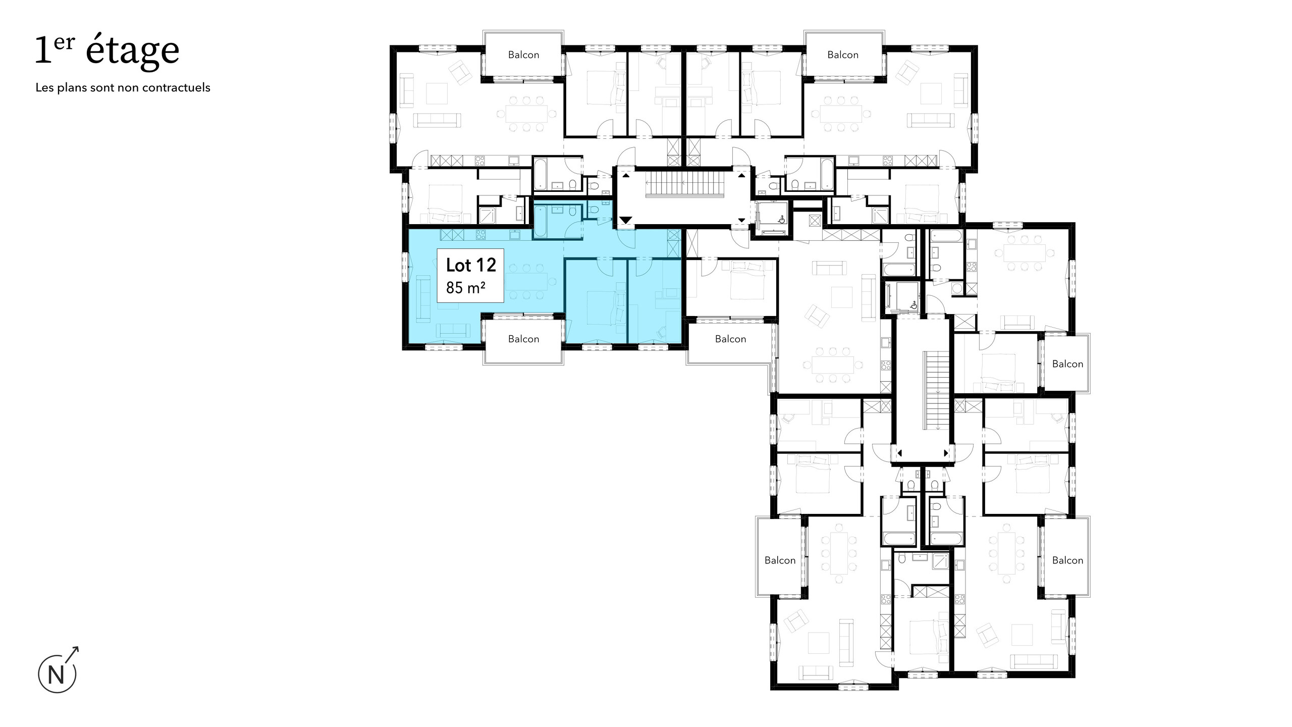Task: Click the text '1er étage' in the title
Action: click(107, 51)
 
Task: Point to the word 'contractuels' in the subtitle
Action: click(176, 87)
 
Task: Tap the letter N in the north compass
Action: click(56, 675)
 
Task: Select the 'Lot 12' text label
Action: click(470, 265)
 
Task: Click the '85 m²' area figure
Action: click(465, 288)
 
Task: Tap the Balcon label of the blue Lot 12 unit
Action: click(523, 339)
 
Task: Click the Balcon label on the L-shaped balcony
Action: click(730, 339)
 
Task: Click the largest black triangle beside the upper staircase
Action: click(625, 220)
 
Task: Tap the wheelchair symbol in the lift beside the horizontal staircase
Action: click(781, 219)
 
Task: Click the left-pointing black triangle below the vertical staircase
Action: click(899, 453)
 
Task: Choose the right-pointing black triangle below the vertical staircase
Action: click(946, 453)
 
